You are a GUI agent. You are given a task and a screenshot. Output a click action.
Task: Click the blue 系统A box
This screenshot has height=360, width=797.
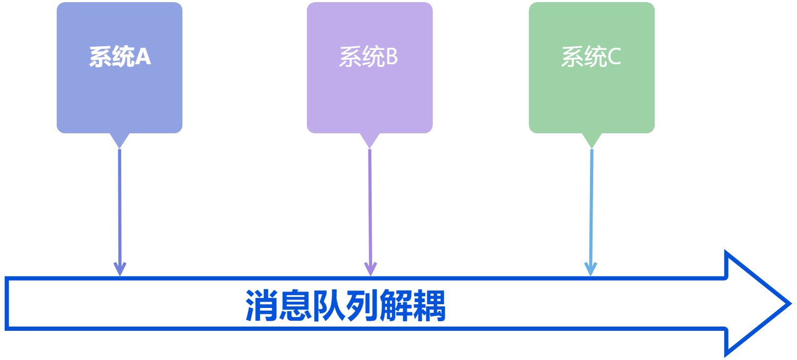pos(119,90)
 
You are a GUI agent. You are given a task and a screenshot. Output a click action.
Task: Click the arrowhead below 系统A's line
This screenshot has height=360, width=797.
pos(120,268)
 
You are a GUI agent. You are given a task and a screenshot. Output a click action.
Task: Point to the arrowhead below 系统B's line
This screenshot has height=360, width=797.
pos(370,268)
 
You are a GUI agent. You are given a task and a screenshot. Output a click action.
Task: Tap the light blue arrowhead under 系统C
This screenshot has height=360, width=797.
pos(590,268)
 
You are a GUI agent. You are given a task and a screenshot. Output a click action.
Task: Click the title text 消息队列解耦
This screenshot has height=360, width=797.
pos(346,306)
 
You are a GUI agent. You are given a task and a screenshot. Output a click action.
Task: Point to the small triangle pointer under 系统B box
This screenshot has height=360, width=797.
pos(370,140)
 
